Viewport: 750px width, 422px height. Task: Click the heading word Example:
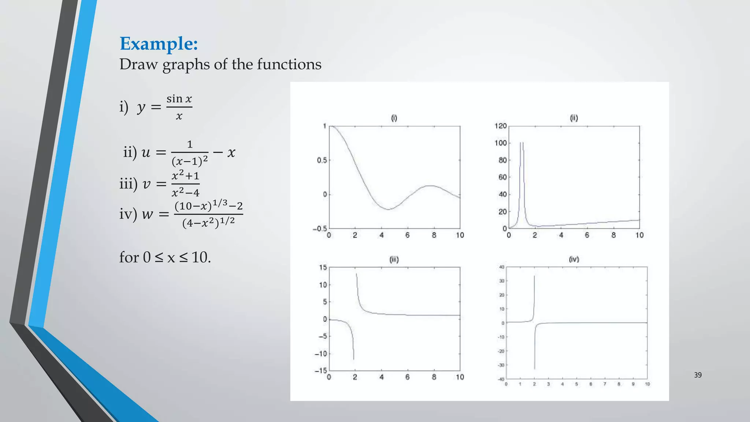[x=159, y=44]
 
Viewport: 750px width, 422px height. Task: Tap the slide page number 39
[x=698, y=375]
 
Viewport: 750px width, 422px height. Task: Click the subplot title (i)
[x=394, y=118]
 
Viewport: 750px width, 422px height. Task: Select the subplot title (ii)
[x=574, y=118]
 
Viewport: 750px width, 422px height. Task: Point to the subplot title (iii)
[x=394, y=260]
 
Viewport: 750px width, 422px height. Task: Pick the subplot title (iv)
[x=574, y=259]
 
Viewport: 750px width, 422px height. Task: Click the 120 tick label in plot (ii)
[x=501, y=126]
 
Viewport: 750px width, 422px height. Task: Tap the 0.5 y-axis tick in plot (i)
[x=322, y=160]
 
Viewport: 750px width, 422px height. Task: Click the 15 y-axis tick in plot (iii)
[x=323, y=267]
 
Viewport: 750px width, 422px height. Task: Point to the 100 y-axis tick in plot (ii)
[x=501, y=143]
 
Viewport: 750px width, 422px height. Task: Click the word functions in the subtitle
[x=289, y=64]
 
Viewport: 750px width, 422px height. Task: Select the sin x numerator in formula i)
[x=179, y=99]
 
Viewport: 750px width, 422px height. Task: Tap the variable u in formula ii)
[x=146, y=152]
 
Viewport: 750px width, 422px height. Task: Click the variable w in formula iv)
[x=147, y=214]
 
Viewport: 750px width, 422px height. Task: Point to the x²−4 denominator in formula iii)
[x=185, y=192]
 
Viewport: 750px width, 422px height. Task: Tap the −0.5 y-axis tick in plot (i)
[x=320, y=229]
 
